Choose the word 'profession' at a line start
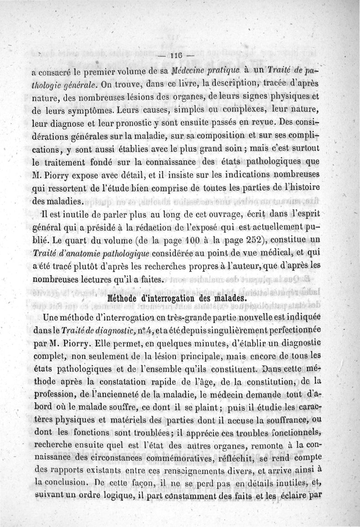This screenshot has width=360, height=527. tap(54, 396)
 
